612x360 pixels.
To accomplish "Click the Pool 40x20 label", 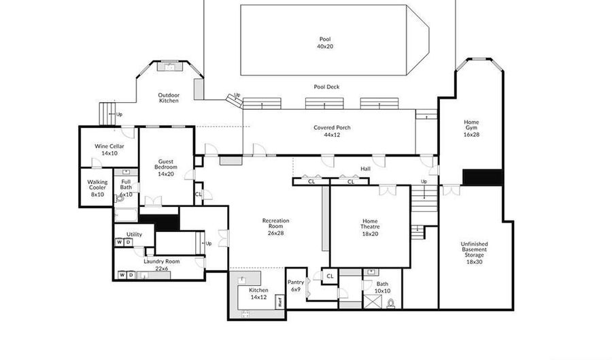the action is (325, 43).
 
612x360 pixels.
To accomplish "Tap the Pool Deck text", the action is (326, 86).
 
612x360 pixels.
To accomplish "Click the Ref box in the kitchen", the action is (280, 301).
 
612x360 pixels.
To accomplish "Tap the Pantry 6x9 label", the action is (296, 286).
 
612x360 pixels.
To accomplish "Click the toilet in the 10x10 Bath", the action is (391, 304).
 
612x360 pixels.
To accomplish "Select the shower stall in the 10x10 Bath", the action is (371, 302).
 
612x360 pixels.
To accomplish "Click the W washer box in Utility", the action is (119, 242).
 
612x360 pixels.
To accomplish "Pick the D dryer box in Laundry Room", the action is (131, 275).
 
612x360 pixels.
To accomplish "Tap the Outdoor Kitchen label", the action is (169, 97).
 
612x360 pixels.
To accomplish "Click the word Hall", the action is (366, 169).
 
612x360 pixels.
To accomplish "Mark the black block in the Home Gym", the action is (482, 177).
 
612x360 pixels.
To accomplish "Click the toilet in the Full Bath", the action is (120, 199).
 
